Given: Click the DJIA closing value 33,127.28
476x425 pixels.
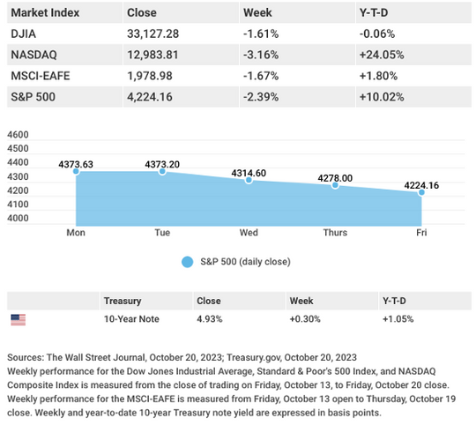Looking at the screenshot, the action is click(x=153, y=34).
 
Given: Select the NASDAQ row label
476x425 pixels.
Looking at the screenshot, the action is click(x=34, y=55).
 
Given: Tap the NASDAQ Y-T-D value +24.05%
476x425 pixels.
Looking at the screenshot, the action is click(x=382, y=55).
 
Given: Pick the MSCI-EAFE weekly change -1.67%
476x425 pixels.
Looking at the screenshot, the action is click(x=261, y=76).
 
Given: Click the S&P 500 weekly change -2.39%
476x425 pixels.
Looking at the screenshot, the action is click(x=261, y=97).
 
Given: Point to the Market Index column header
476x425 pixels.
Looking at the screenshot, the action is click(x=45, y=12).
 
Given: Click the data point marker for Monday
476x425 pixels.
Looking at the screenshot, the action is click(x=76, y=172).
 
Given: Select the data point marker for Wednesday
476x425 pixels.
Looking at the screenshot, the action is click(x=249, y=180).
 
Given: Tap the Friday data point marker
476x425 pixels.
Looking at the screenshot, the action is click(x=421, y=192).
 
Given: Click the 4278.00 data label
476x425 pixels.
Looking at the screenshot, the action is click(x=335, y=178).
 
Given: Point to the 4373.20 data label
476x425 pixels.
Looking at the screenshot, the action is click(x=162, y=165).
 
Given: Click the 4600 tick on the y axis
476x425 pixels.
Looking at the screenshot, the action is click(x=18, y=135).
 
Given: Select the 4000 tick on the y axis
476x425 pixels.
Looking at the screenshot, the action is click(x=18, y=218).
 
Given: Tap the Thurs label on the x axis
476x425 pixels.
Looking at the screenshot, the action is click(x=335, y=233).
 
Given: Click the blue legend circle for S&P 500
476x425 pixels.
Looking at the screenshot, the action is click(x=187, y=262).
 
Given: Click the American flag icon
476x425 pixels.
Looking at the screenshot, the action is click(x=19, y=320).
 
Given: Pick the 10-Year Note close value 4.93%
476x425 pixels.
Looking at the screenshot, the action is click(x=210, y=319).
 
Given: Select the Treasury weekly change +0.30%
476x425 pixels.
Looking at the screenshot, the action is click(x=305, y=319).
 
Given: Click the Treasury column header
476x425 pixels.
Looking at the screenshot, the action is click(x=123, y=301).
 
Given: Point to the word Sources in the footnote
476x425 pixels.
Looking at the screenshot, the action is click(x=26, y=357).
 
